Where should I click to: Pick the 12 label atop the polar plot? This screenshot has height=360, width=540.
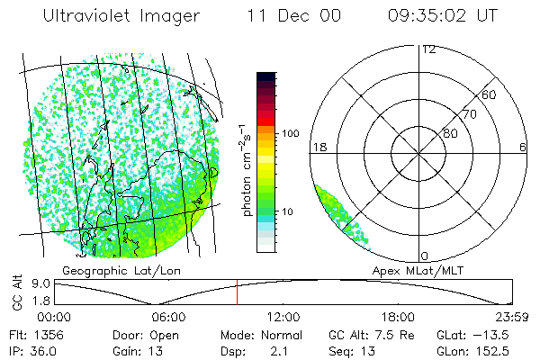(427, 49)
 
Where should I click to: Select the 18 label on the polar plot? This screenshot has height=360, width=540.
(319, 147)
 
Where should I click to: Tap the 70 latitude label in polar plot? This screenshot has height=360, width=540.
(469, 114)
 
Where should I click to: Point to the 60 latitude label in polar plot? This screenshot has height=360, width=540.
(489, 95)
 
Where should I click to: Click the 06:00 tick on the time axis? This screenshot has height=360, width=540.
(168, 317)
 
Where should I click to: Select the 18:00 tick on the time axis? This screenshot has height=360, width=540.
(398, 317)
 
